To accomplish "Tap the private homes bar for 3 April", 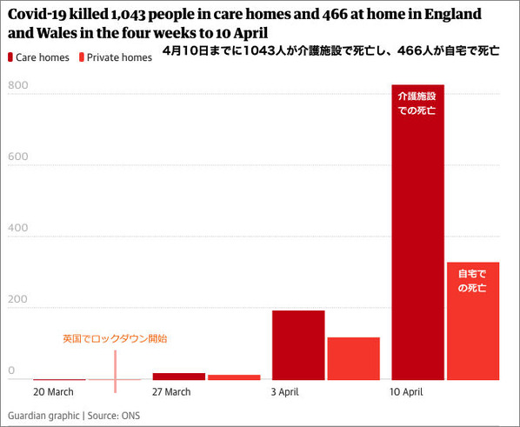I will pyautogui.click(x=353, y=358).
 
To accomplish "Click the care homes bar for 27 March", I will pyautogui.click(x=179, y=376).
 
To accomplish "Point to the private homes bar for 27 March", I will pyautogui.click(x=234, y=377).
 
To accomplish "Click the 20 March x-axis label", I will pyautogui.click(x=53, y=392).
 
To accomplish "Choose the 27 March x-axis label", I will pyautogui.click(x=171, y=392).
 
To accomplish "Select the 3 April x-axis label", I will pyautogui.click(x=285, y=392).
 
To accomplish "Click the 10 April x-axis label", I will pyautogui.click(x=407, y=392).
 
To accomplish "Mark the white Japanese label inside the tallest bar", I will pyautogui.click(x=417, y=103).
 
